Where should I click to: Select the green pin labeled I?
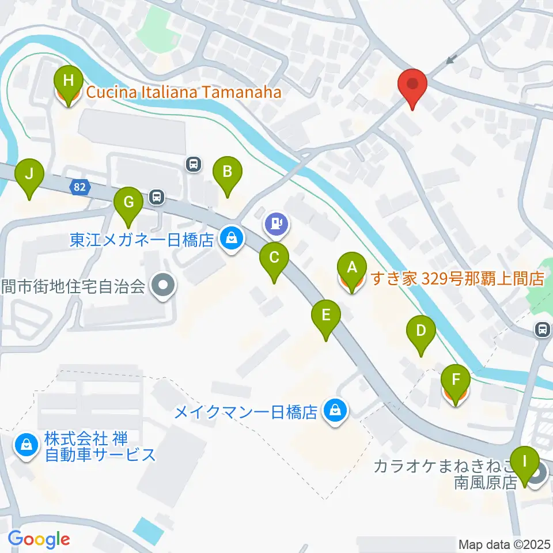524,463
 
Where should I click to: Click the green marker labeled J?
31,175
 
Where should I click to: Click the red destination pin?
412,84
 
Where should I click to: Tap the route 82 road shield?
80,187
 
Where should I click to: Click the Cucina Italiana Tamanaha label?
184,92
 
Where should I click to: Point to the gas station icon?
277,222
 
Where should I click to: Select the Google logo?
39,539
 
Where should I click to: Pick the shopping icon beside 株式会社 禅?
26,444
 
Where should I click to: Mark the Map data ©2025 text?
505,544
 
